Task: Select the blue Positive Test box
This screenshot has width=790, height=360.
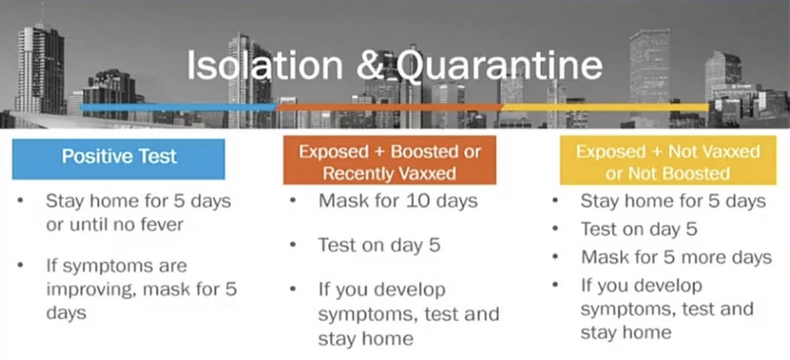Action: coord(118,158)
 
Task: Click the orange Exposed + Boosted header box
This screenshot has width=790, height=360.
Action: coord(389,161)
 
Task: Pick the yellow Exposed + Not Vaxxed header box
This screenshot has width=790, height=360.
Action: coord(667,161)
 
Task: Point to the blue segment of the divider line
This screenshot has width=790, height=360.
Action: coord(178,107)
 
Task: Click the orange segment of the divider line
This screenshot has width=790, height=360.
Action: coord(389,107)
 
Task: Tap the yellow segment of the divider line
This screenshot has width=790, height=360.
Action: coord(605,107)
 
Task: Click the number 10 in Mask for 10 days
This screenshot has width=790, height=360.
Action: coord(416,200)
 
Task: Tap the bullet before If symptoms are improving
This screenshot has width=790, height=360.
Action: coord(21,266)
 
